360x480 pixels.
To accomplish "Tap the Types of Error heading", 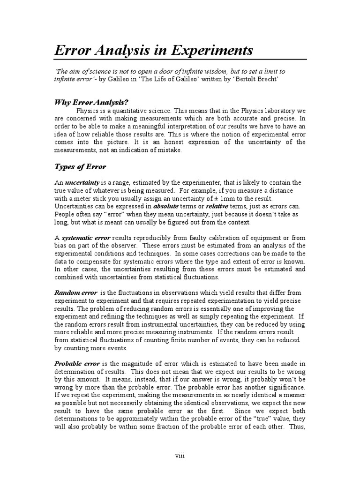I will point(81,166).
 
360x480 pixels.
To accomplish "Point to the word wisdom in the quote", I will point(219,71).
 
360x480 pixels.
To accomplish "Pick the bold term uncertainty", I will point(82,182).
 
